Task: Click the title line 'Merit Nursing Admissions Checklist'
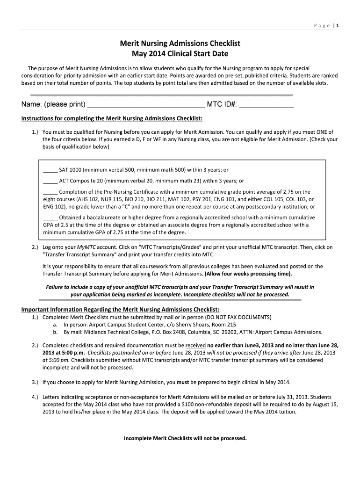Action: pos(180,43)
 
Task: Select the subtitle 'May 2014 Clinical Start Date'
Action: pos(180,53)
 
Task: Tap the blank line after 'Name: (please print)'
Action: pos(146,104)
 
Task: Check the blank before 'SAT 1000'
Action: pos(50,170)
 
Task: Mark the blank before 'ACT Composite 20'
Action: pos(50,181)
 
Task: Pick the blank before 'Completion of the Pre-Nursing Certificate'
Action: pos(50,192)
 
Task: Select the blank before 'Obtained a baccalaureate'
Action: pos(50,218)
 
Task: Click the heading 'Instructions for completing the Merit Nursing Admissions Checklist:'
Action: pos(112,118)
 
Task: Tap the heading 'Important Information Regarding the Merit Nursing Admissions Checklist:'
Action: pos(120,310)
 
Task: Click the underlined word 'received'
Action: pos(195,346)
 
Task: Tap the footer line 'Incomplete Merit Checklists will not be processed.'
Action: pos(185,438)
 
